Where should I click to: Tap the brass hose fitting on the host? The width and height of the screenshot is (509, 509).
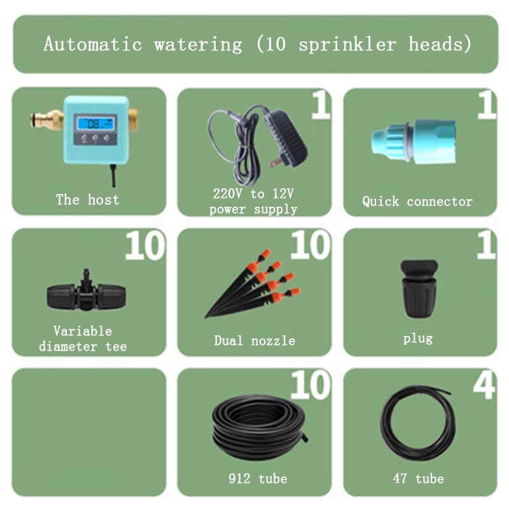(46, 119)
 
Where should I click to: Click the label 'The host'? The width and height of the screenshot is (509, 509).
(88, 200)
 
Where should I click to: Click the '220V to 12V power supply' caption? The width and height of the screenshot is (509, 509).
(253, 201)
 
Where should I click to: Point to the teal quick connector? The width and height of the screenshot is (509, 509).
(413, 141)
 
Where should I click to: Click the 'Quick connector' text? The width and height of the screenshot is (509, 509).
(417, 202)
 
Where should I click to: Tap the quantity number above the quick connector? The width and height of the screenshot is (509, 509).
(486, 106)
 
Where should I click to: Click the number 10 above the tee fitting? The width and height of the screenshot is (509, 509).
(145, 246)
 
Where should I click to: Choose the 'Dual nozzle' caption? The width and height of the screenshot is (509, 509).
(254, 340)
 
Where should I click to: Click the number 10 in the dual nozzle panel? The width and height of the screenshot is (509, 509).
(310, 246)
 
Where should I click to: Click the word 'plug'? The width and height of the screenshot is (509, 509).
(417, 338)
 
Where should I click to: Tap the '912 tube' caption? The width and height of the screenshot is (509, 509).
(258, 478)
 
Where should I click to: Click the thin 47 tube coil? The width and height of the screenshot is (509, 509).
(417, 422)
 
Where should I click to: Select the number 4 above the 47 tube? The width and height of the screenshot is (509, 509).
(484, 386)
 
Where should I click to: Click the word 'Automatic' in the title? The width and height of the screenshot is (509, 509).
(93, 45)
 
